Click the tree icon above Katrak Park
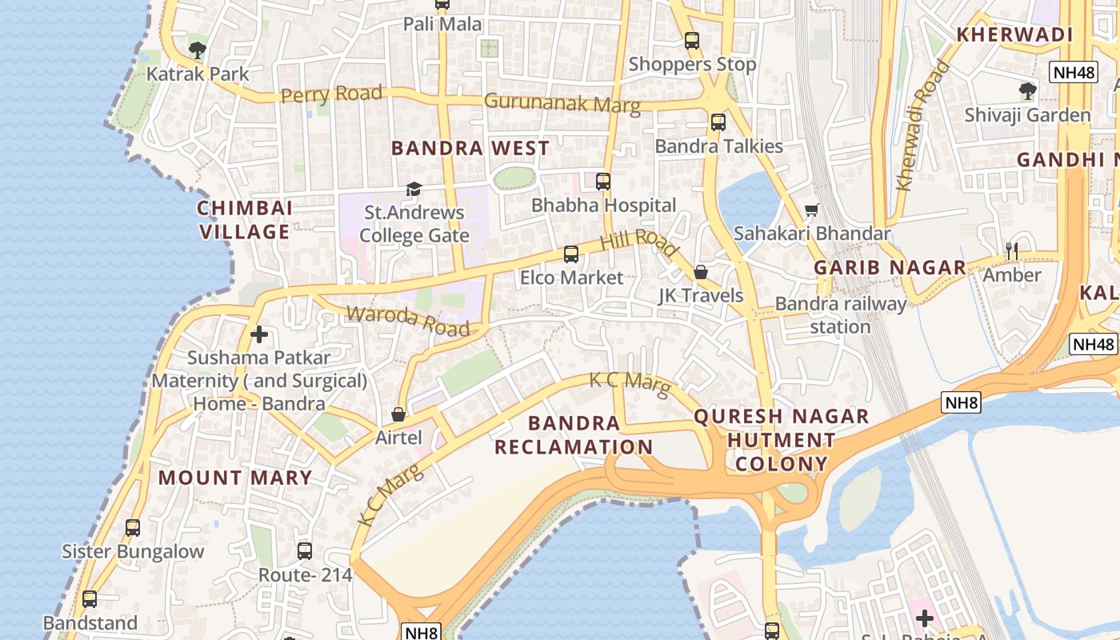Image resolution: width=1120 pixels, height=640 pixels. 198,50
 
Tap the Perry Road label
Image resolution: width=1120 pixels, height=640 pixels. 331,94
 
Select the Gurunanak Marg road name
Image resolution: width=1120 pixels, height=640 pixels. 562,103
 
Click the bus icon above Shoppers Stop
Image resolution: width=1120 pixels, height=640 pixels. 692,41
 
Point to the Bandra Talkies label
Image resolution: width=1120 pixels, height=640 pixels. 718,146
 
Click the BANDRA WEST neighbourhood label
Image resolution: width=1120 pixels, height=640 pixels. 470,148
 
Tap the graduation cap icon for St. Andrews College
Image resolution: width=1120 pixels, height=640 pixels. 414,190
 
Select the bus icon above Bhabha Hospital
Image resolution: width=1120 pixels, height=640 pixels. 603,182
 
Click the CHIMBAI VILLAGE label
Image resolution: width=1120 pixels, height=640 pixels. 245,220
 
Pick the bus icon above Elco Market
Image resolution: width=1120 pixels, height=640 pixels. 571,254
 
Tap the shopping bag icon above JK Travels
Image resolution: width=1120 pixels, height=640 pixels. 701,273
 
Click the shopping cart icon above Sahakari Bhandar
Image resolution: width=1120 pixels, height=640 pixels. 812,210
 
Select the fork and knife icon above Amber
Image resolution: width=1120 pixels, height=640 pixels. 1012,251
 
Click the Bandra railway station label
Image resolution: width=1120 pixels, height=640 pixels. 841,315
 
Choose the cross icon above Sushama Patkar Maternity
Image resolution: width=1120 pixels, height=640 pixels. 258,334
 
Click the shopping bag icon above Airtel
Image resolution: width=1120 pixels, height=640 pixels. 398,414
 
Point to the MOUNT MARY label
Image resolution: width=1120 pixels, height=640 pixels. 235,478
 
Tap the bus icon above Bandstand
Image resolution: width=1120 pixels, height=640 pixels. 90,599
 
